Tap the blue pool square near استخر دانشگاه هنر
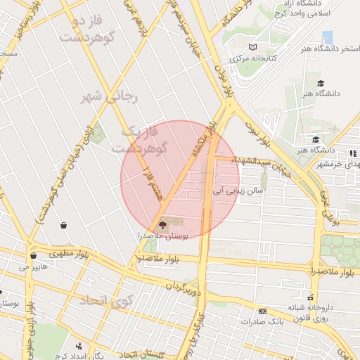[x=327, y=37]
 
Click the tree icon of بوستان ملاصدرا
[x=163, y=226]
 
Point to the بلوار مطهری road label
[x=70, y=252]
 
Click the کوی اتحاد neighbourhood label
[x=105, y=301]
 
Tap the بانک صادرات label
[x=265, y=322]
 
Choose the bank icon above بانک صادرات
[x=262, y=311]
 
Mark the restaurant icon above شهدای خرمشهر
[x=352, y=153]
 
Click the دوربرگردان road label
[x=183, y=286]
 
